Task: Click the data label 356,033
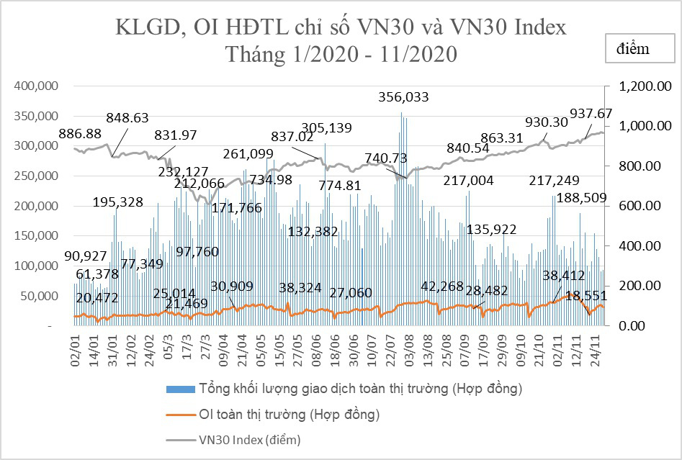pyautogui.click(x=409, y=97)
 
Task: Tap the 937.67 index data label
pyautogui.click(x=591, y=113)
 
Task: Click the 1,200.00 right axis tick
pyautogui.click(x=640, y=86)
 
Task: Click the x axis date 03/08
pyautogui.click(x=408, y=348)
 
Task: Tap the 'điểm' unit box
pyautogui.click(x=633, y=49)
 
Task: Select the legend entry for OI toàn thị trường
pyautogui.click(x=288, y=414)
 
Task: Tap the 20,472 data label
pyautogui.click(x=97, y=297)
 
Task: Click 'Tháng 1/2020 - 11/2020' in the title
pyautogui.click(x=341, y=54)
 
